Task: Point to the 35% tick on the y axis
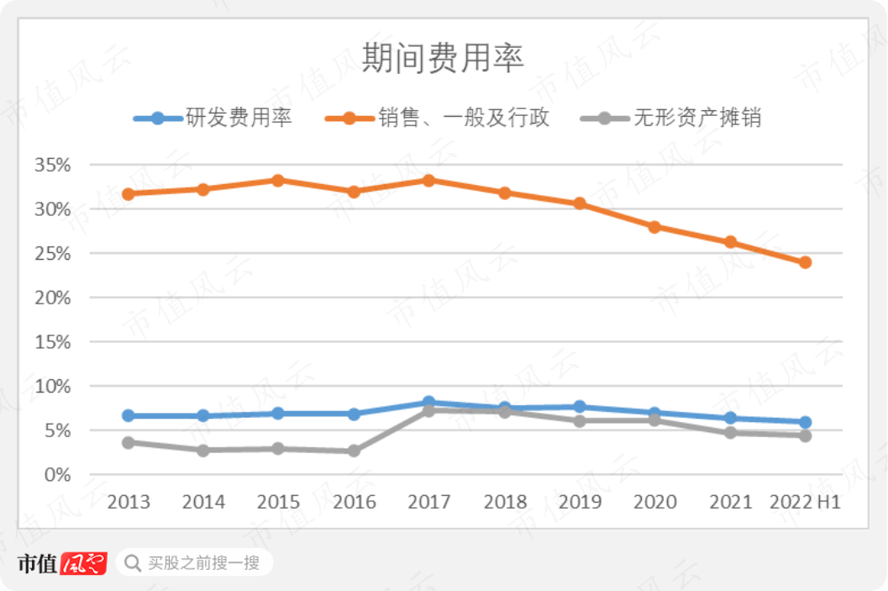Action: coord(52,165)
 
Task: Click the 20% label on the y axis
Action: coord(52,298)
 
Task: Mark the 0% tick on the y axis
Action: coord(57,475)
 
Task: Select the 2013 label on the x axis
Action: coord(128,503)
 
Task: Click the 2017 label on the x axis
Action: coord(428,503)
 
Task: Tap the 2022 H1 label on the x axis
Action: coord(805,503)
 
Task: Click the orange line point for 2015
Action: coord(278,180)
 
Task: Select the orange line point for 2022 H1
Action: coord(805,262)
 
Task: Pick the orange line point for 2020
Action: coord(654,227)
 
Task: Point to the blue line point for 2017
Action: coord(428,403)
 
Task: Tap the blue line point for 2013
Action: coord(128,415)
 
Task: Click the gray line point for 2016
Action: coord(354,451)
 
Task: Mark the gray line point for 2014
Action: coord(203,451)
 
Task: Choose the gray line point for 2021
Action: coord(730,433)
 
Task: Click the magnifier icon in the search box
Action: coord(133,562)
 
